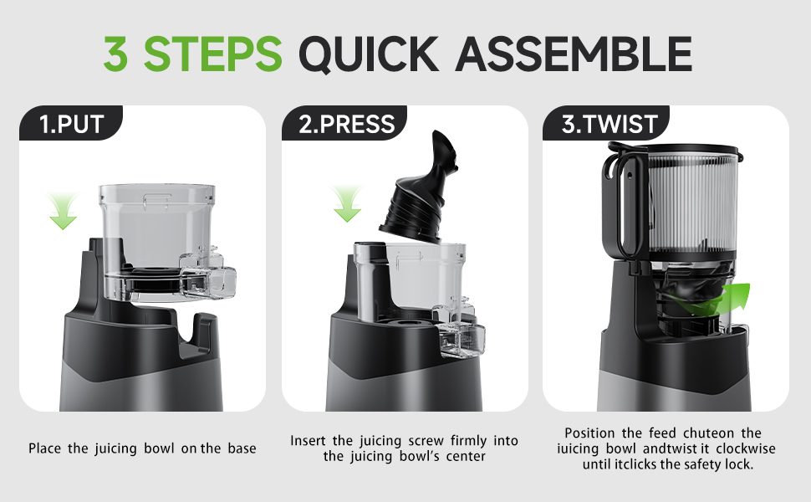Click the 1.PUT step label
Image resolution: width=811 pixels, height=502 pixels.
[x=71, y=125]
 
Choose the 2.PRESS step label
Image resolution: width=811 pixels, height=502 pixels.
[x=346, y=125]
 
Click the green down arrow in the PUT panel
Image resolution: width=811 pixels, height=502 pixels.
[x=63, y=209]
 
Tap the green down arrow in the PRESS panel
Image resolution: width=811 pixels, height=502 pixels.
[x=346, y=204]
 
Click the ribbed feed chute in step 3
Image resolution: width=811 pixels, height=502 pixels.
[x=686, y=205]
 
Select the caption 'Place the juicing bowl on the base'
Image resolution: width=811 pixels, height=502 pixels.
[x=142, y=448]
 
